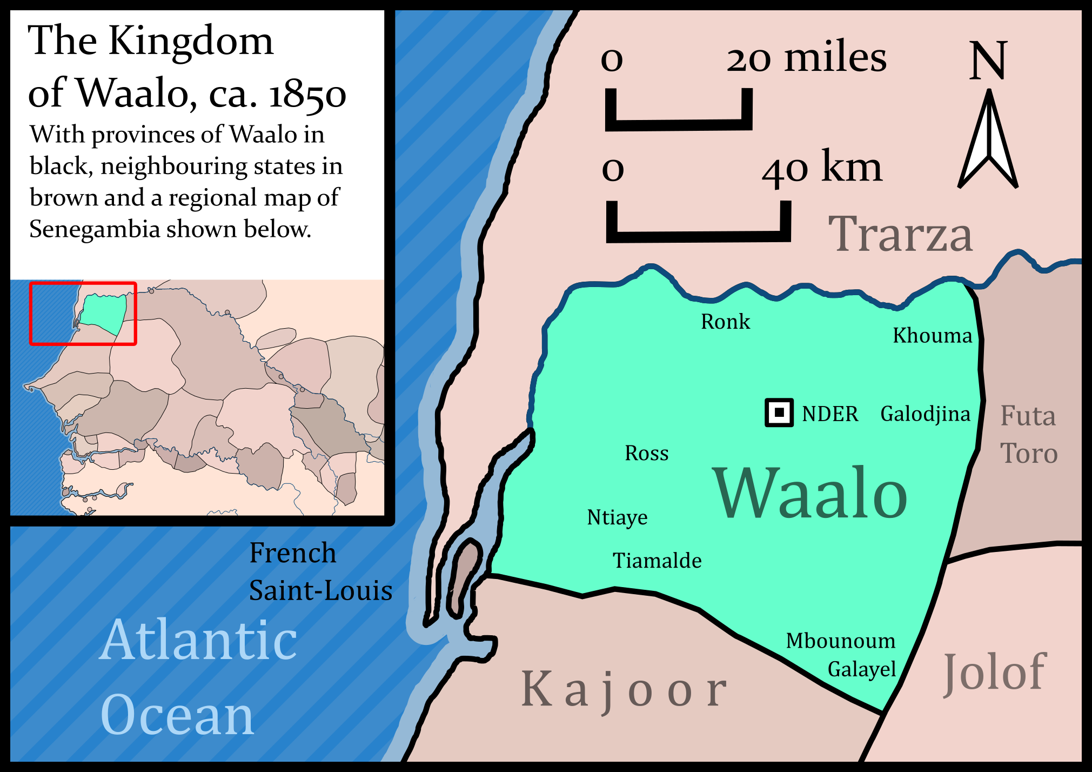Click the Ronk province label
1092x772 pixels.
(x=725, y=322)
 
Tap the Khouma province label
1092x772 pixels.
(x=932, y=336)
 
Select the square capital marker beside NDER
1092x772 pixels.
(x=779, y=413)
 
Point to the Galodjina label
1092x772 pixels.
(x=925, y=414)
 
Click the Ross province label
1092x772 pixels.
(x=646, y=453)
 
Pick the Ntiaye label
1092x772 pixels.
(x=617, y=517)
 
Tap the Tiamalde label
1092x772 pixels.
(x=657, y=561)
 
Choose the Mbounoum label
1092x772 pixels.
(x=840, y=641)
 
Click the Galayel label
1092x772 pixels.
(x=862, y=669)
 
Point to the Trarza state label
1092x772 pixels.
(x=900, y=234)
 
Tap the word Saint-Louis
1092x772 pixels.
(x=320, y=590)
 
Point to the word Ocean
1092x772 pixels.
(x=177, y=715)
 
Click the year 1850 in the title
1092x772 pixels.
(x=307, y=95)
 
